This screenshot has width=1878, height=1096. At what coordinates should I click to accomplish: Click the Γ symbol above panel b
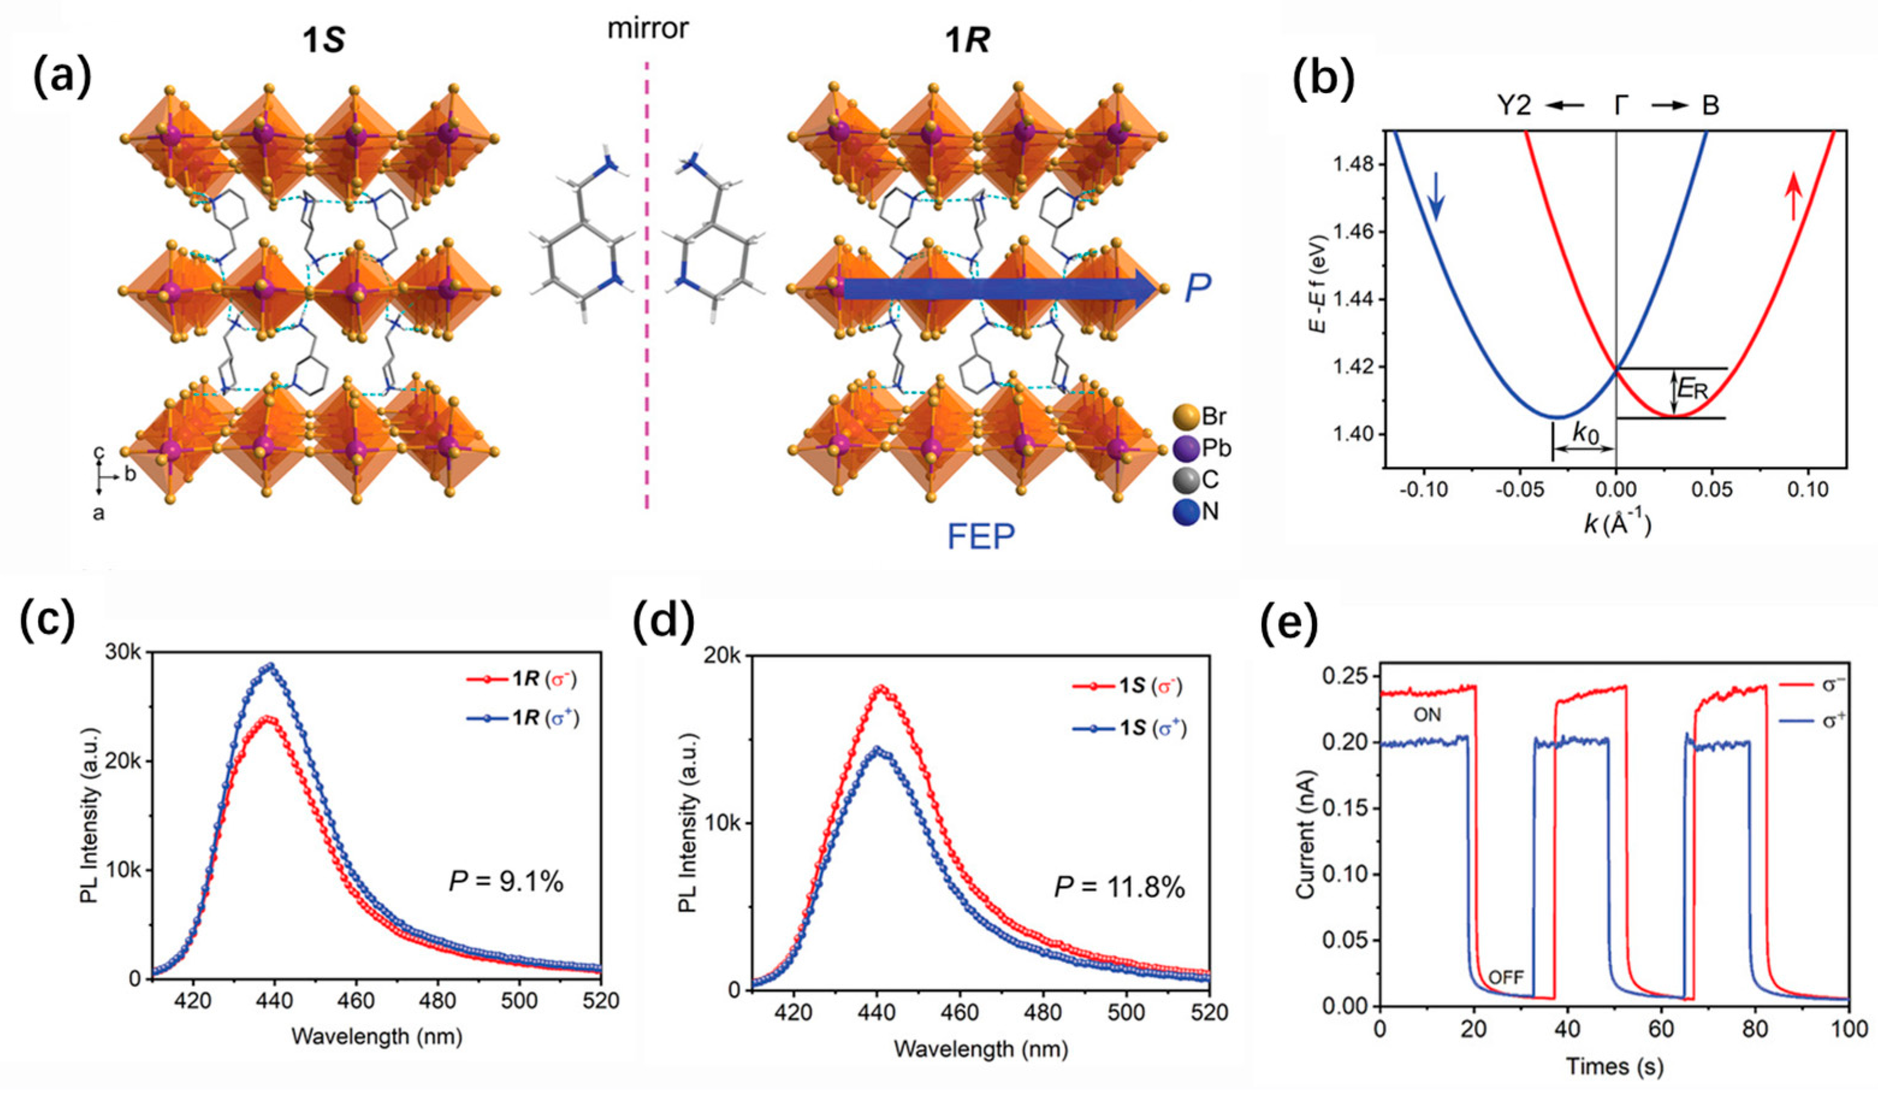pyautogui.click(x=1616, y=106)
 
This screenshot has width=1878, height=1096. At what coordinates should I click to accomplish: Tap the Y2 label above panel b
pyautogui.click(x=1514, y=106)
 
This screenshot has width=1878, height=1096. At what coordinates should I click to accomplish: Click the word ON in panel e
pyautogui.click(x=1426, y=715)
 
